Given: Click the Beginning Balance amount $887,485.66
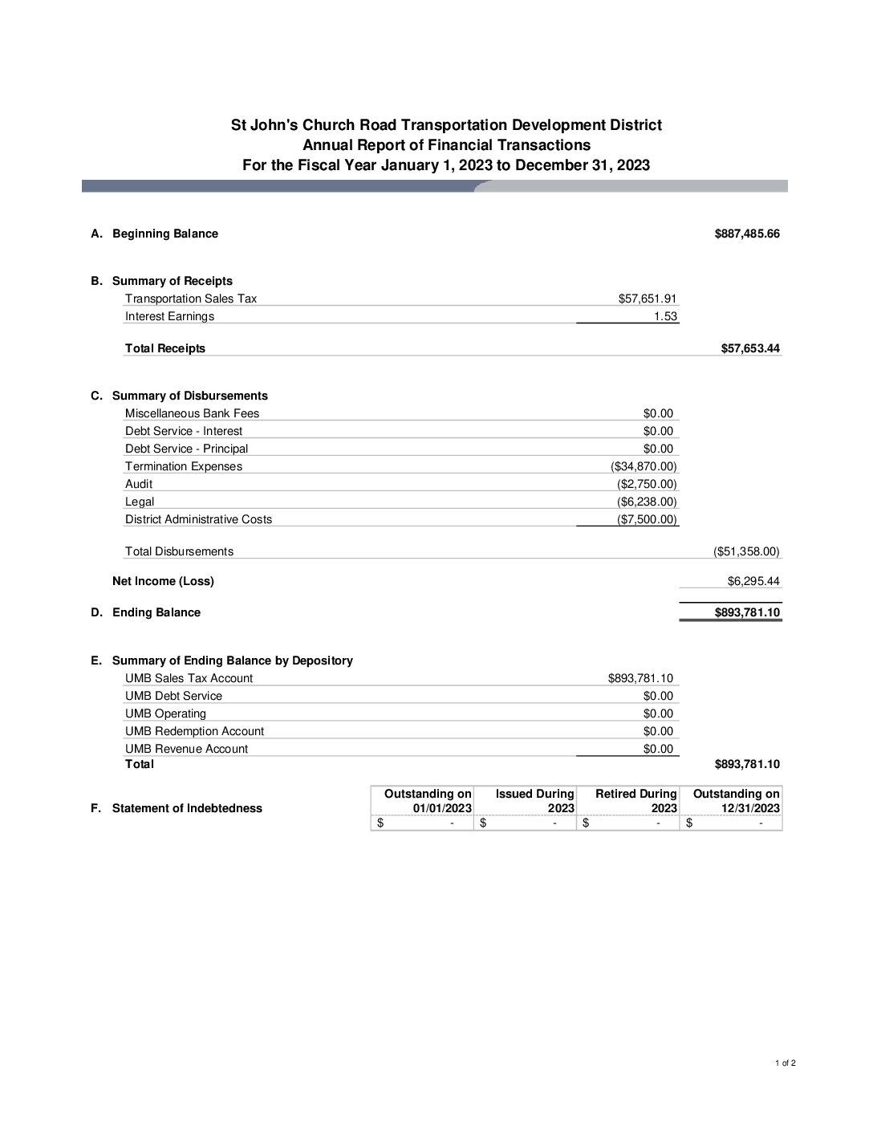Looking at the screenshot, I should pyautogui.click(x=746, y=234).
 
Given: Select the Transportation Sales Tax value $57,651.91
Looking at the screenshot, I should pyautogui.click(x=648, y=299).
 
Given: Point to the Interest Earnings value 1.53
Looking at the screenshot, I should pyautogui.click(x=665, y=316).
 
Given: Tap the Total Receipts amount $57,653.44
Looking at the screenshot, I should pyautogui.click(x=750, y=348).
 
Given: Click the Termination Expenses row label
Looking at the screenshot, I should pyautogui.click(x=184, y=466).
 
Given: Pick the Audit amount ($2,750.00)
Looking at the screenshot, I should pyautogui.click(x=647, y=484).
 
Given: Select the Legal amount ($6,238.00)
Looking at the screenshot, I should pyautogui.click(x=647, y=502).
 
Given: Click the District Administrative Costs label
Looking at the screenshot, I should pyautogui.click(x=198, y=519).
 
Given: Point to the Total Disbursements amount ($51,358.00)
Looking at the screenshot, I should pyautogui.click(x=746, y=551).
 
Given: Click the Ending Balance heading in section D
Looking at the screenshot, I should pyautogui.click(x=156, y=612).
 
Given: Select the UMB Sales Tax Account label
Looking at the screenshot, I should pyautogui.click(x=189, y=678).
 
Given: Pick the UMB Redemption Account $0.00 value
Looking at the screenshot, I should pyautogui.click(x=658, y=731).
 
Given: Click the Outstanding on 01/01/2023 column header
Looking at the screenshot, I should pyautogui.click(x=428, y=801).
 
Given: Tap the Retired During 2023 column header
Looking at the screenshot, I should pyautogui.click(x=635, y=801).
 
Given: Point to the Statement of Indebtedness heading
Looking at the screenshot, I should pyautogui.click(x=187, y=808).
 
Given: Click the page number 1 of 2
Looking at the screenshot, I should pyautogui.click(x=785, y=1063).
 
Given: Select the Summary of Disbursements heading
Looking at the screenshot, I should pyautogui.click(x=190, y=396).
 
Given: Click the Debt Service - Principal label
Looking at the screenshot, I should pyautogui.click(x=186, y=449).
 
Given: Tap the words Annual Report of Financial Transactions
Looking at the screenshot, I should pyautogui.click(x=446, y=145).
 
